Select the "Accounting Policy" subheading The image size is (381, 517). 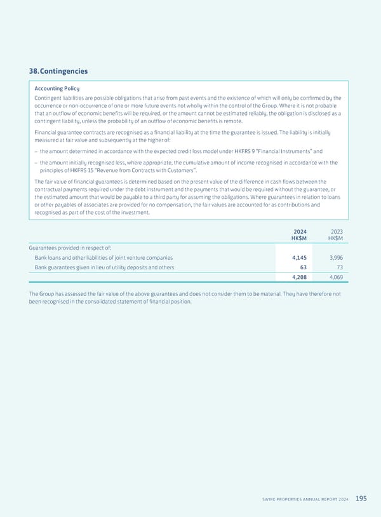[57, 88]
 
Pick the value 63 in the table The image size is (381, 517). [303, 268]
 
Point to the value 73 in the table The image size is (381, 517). [338, 268]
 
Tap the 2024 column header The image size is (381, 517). [300, 232]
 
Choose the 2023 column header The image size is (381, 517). [335, 232]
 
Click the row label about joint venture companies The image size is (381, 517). [104, 257]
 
